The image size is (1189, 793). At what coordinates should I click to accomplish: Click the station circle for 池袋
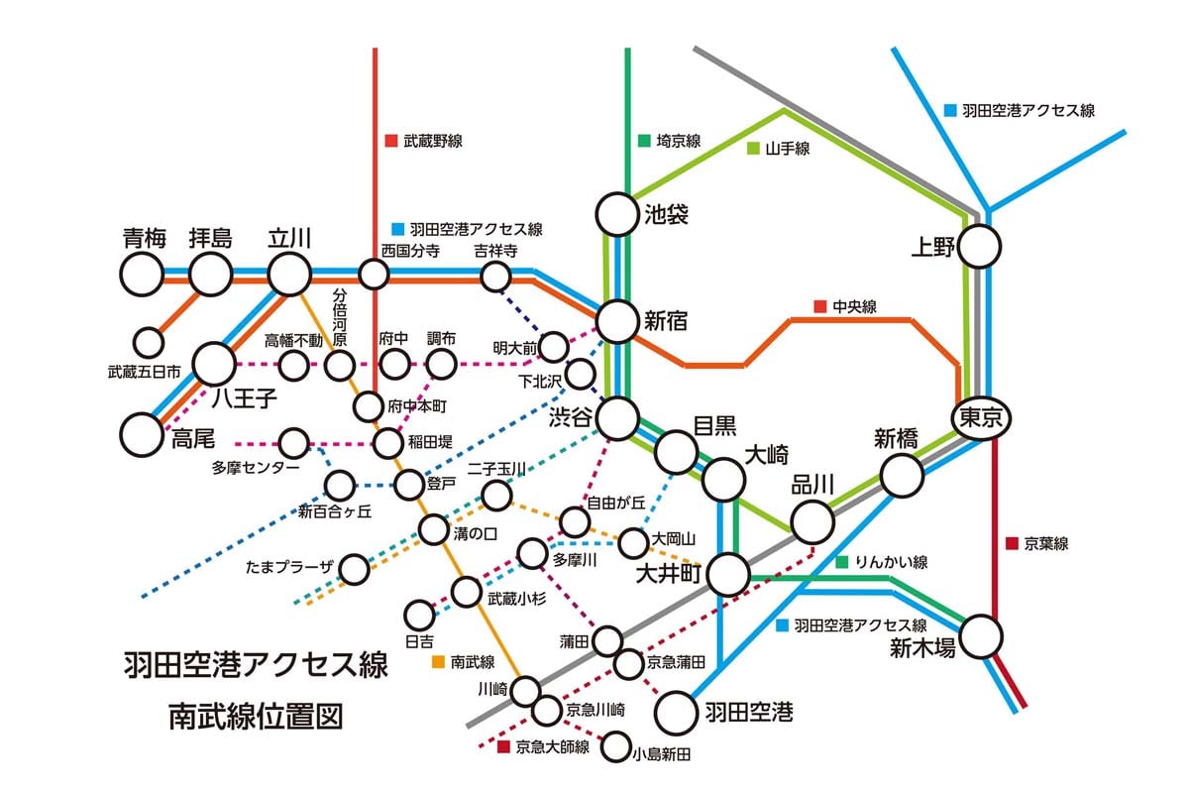point(616,214)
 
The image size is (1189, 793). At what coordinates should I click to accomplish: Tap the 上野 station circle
point(979,246)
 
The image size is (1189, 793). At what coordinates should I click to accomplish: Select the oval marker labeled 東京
point(981,418)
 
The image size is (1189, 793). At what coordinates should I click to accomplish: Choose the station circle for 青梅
point(142,273)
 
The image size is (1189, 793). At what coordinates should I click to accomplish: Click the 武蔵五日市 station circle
point(149,343)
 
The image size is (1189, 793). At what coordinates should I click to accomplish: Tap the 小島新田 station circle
point(616,745)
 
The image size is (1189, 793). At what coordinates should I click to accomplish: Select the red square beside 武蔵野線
point(391,141)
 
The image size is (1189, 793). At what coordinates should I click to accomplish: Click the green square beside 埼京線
point(644,141)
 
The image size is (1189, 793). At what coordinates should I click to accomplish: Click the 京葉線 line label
point(1046,543)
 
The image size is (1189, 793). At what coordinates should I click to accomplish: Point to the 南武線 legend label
point(472,660)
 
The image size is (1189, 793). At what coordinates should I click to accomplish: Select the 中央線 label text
point(855,306)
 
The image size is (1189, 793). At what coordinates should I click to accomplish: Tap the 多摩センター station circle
point(294,443)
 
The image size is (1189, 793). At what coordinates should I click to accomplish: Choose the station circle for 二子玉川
point(496,495)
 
